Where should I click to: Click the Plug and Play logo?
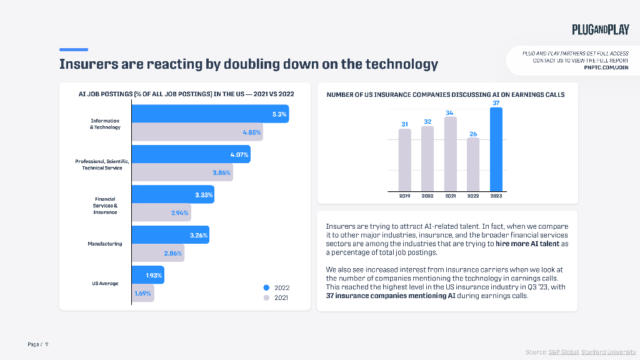click(x=600, y=29)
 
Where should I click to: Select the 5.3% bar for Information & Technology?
click(x=209, y=114)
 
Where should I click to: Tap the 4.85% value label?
click(x=251, y=132)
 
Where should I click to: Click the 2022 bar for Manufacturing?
click(x=170, y=235)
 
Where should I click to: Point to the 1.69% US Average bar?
click(x=142, y=293)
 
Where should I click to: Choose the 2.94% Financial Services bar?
click(x=161, y=212)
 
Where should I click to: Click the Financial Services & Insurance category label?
click(x=105, y=206)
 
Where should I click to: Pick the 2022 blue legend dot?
click(x=266, y=287)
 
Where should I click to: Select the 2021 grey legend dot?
click(x=266, y=298)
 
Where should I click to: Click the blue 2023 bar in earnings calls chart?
click(x=496, y=149)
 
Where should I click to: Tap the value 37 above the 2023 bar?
click(x=496, y=102)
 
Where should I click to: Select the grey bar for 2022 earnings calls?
click(x=473, y=164)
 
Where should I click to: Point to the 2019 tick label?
click(x=404, y=196)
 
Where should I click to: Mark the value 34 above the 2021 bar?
click(x=450, y=112)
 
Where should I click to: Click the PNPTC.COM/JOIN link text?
click(x=606, y=67)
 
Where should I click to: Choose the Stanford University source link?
click(x=608, y=352)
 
